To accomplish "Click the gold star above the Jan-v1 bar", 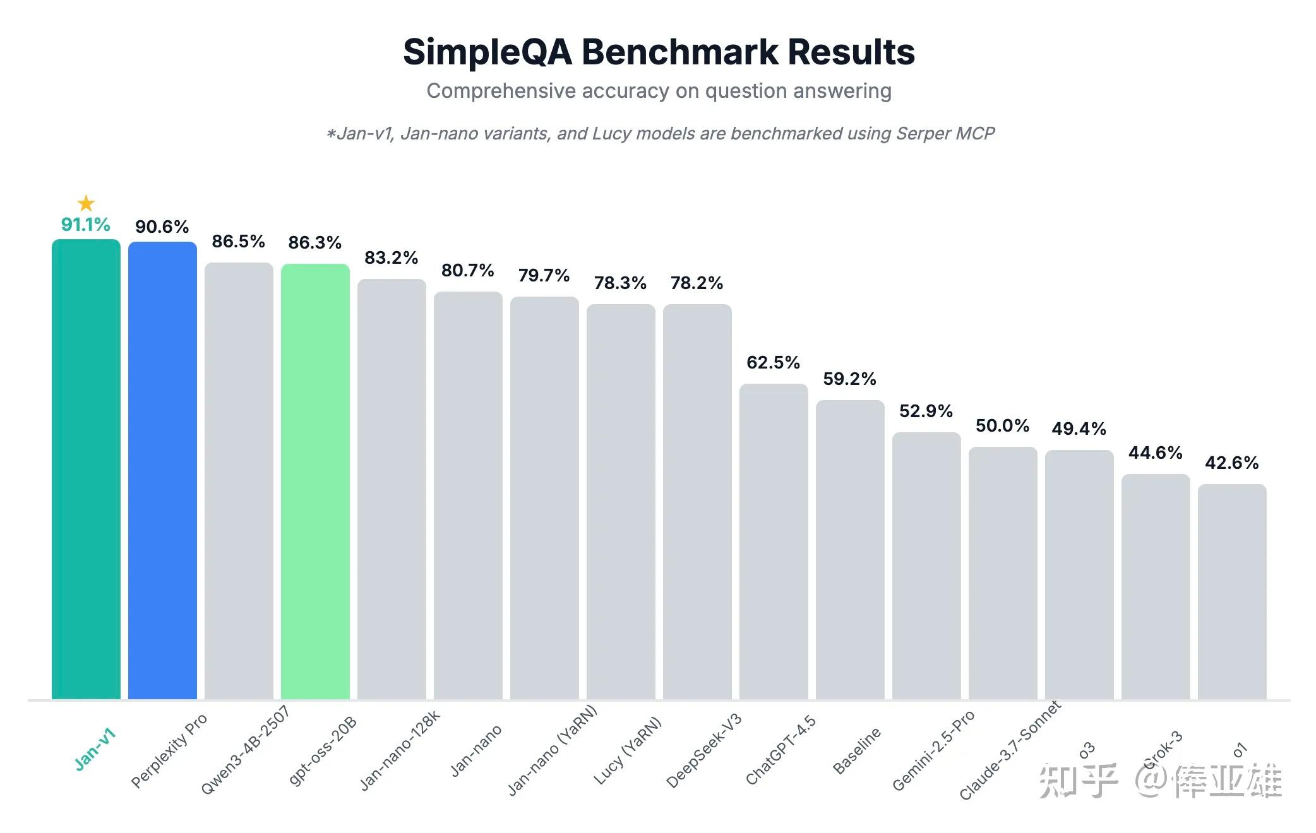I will click(x=86, y=203).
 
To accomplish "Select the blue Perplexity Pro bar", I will click(x=162, y=470).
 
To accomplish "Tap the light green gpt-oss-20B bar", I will click(x=315, y=481).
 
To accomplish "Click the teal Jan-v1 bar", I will click(x=86, y=469).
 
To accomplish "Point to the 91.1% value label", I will click(x=86, y=225).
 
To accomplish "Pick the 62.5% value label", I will click(x=773, y=362).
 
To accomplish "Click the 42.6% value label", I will click(x=1231, y=463).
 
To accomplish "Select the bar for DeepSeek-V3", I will click(x=697, y=502).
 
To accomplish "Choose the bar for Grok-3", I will click(x=1156, y=587).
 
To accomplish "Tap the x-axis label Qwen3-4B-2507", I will click(x=245, y=750).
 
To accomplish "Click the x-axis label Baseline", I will click(x=856, y=751).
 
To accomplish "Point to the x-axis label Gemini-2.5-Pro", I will click(x=933, y=750).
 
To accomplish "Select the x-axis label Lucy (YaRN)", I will click(x=628, y=750).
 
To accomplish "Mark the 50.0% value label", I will click(x=1002, y=426).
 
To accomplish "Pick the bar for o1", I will click(x=1232, y=592).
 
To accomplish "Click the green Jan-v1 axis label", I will click(x=95, y=749).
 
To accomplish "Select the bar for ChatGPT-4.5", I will click(x=774, y=541).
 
